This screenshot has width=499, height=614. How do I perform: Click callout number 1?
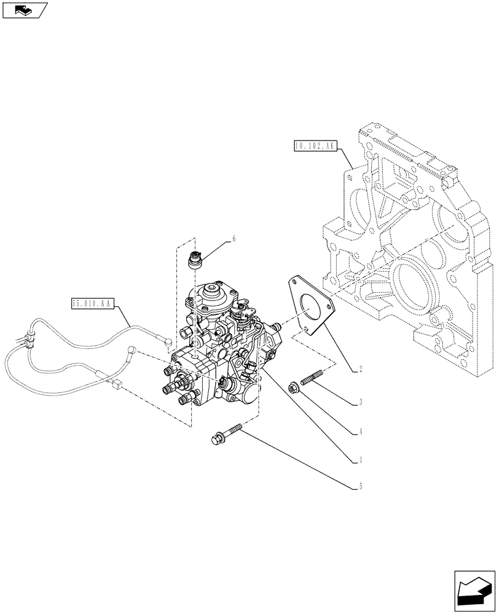361,459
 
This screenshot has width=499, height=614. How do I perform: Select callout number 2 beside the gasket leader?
361,370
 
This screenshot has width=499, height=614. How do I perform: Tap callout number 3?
361,403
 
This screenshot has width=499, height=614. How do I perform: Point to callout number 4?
361,431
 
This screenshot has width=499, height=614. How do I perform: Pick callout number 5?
361,487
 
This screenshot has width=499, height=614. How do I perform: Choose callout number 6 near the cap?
234,238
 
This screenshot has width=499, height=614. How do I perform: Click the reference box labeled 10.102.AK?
314,146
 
